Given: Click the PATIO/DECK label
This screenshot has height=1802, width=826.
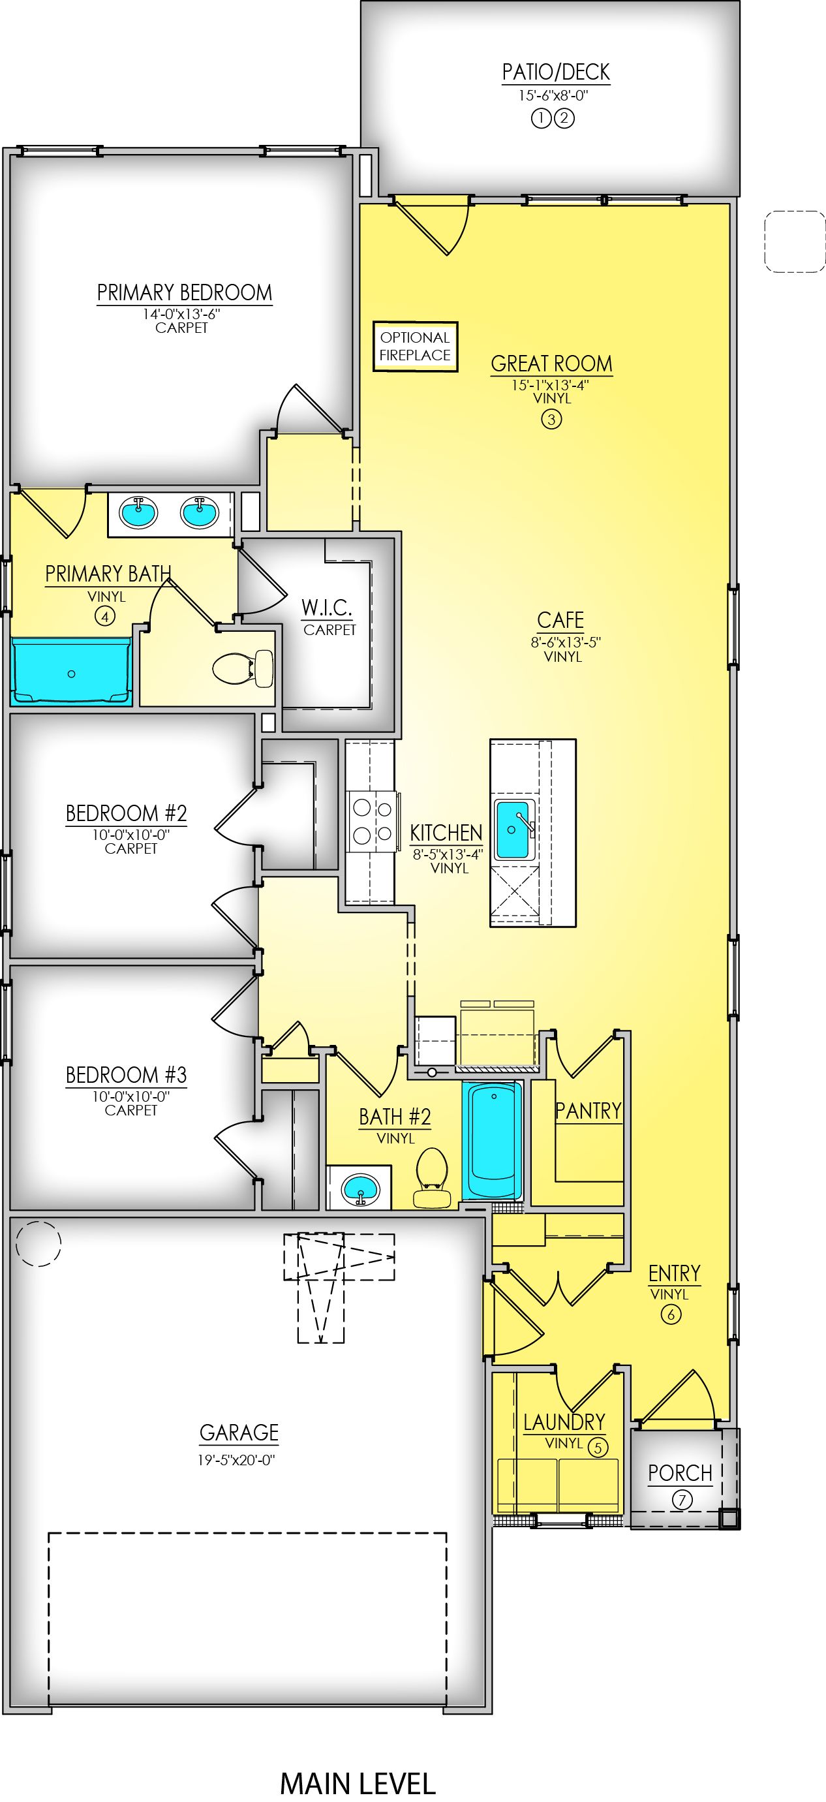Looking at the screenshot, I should [555, 72].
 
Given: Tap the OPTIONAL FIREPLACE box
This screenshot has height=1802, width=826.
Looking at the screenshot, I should [415, 347].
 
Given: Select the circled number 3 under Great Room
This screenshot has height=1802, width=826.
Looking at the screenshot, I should [551, 420].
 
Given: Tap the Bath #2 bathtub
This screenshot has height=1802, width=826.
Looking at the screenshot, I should [493, 1140].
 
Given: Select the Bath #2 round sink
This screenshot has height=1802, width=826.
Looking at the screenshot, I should [359, 1187].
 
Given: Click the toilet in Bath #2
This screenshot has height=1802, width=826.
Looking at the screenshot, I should [431, 1177].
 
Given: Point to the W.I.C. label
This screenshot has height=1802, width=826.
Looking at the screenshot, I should [327, 607].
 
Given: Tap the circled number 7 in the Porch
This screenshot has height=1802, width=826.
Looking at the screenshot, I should [682, 1500].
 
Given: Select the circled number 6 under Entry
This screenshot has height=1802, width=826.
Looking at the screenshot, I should [670, 1314].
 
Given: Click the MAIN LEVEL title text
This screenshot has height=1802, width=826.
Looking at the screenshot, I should [358, 1783].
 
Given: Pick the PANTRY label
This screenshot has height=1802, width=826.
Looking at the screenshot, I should [587, 1110].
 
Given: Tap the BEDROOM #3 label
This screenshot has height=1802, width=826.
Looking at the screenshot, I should [126, 1074].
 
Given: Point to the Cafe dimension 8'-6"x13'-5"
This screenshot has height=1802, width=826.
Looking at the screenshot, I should [565, 642].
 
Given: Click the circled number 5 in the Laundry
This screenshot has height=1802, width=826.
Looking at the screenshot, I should [597, 1448].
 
